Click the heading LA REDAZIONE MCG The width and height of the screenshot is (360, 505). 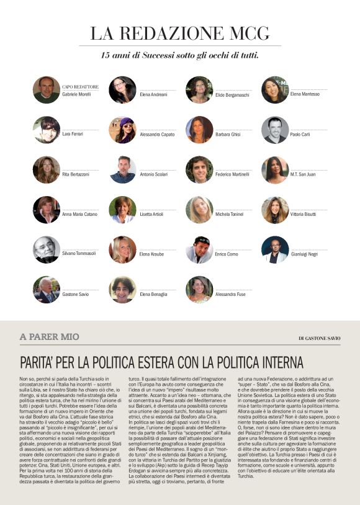point(179,34)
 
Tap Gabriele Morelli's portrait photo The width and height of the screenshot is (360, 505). point(47,90)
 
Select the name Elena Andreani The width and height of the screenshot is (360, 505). point(153,94)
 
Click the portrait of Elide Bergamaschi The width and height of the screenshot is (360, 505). point(199,90)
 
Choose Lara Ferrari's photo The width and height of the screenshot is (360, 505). point(47,130)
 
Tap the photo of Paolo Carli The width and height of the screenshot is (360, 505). point(275,130)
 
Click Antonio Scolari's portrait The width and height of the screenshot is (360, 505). point(123,169)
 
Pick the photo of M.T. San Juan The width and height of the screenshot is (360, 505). point(275,169)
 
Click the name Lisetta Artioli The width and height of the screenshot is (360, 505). point(152,215)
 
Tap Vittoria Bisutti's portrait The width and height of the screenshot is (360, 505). point(275,210)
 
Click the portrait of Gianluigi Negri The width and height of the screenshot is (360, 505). point(275,249)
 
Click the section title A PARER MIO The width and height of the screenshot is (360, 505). point(50,337)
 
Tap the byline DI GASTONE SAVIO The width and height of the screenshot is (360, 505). point(320,338)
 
